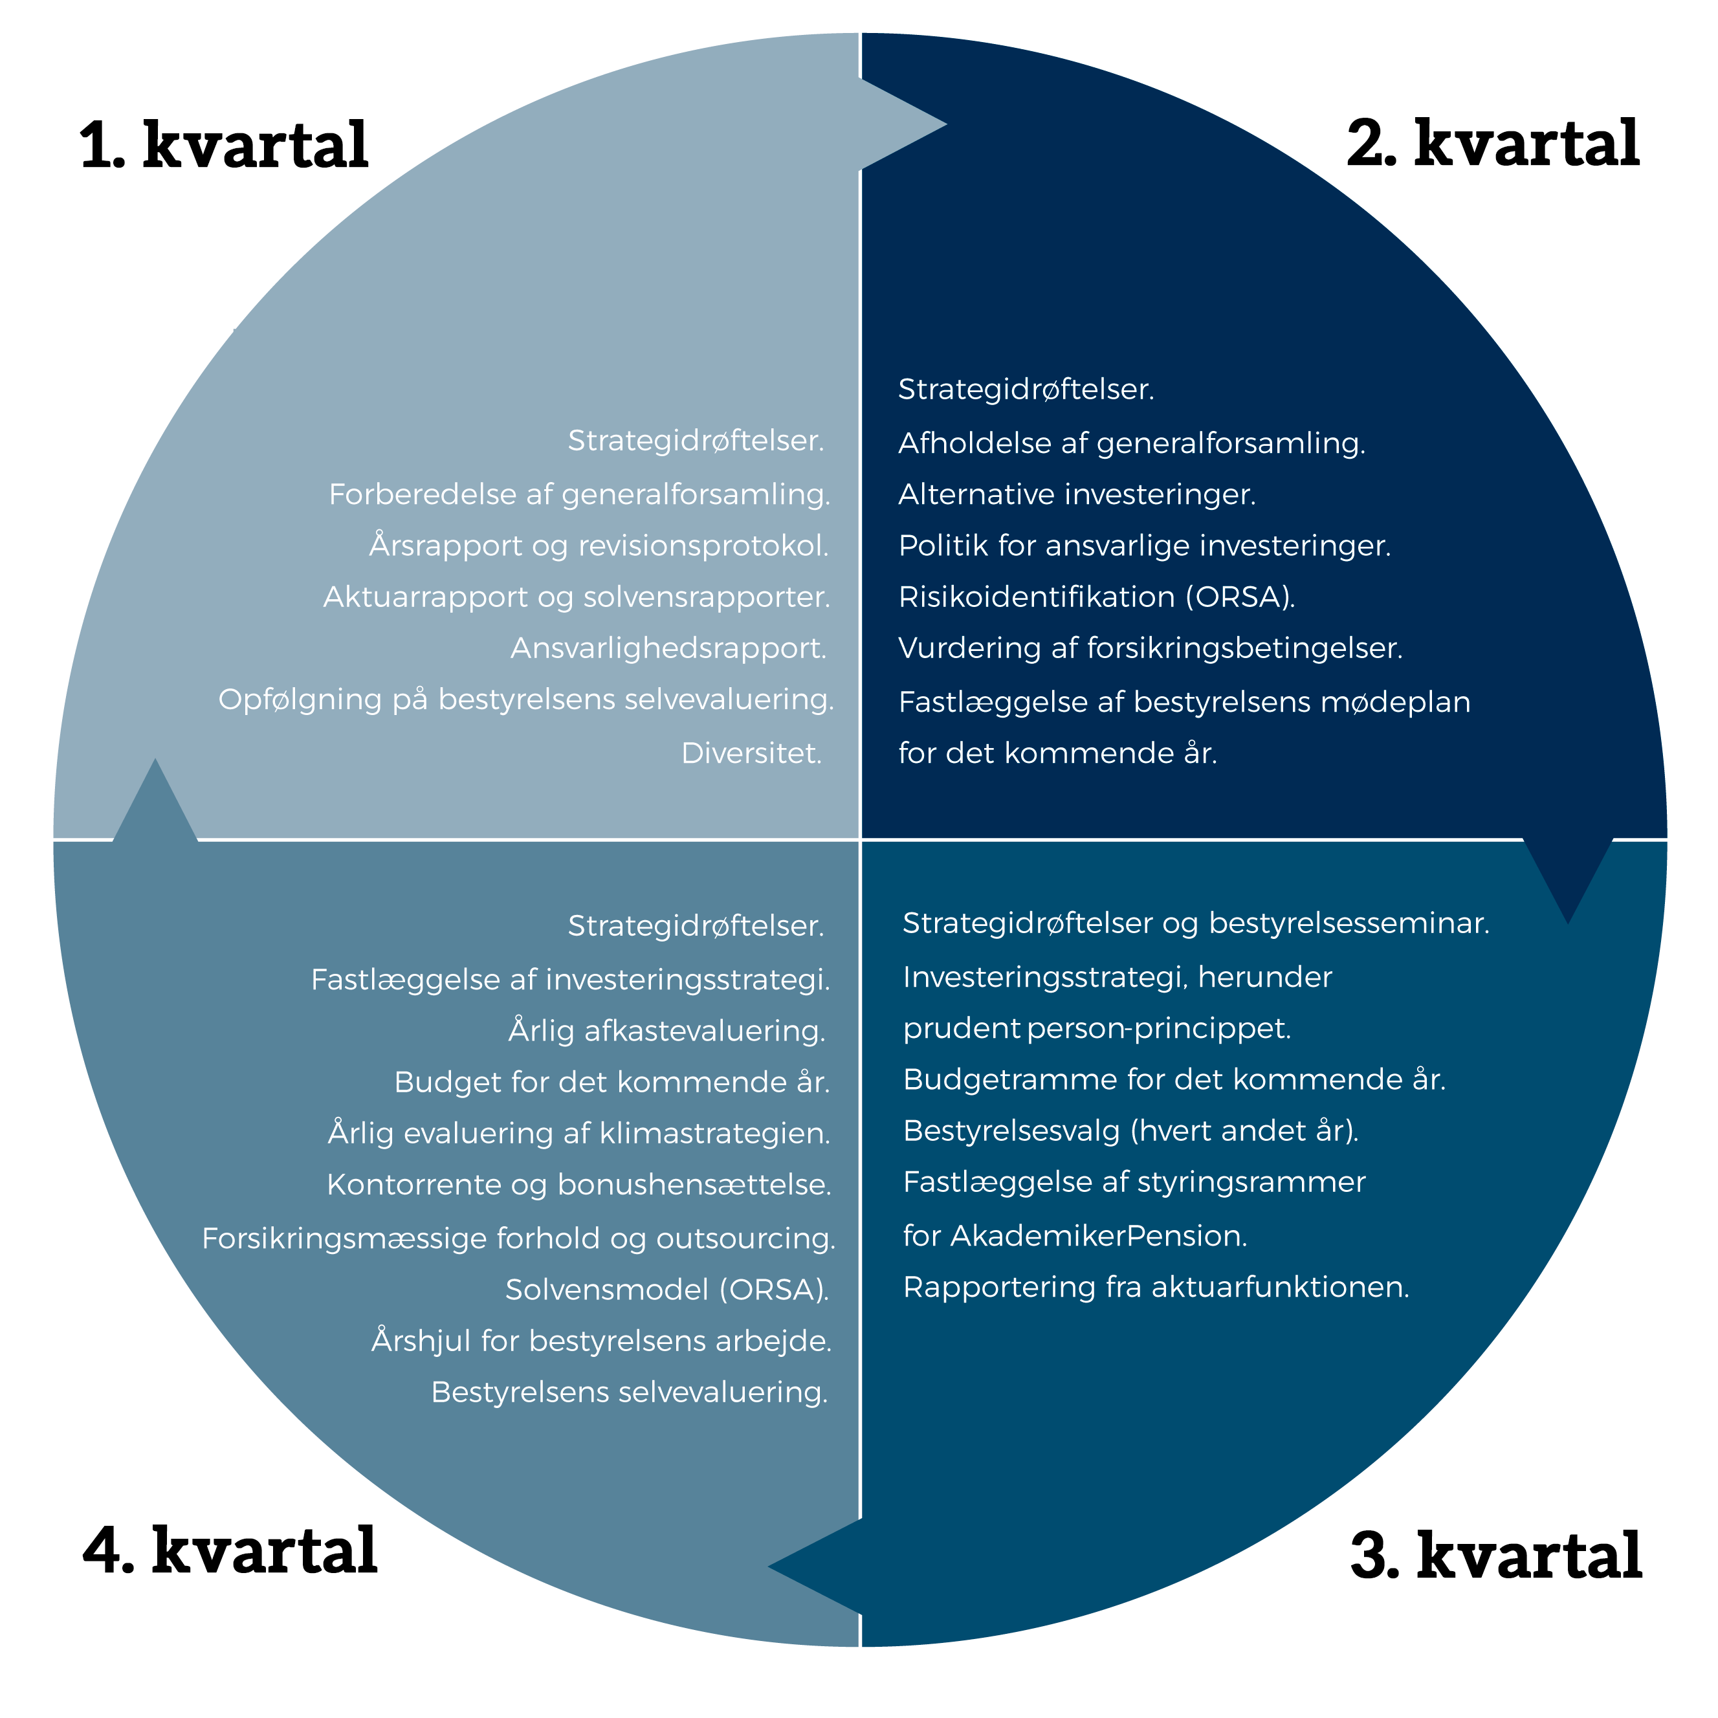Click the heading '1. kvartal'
click(x=224, y=145)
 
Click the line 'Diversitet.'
click(x=751, y=753)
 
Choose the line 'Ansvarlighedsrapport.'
click(x=668, y=648)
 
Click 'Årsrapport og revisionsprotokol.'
click(x=599, y=545)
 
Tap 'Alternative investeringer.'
click(x=1077, y=494)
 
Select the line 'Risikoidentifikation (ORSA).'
click(x=1096, y=596)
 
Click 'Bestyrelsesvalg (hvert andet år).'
click(x=1130, y=1130)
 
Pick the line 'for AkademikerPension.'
click(x=1075, y=1235)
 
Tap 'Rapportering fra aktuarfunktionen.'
click(x=1156, y=1287)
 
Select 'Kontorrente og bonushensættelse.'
click(x=579, y=1184)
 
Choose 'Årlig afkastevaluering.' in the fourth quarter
click(x=667, y=1031)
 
